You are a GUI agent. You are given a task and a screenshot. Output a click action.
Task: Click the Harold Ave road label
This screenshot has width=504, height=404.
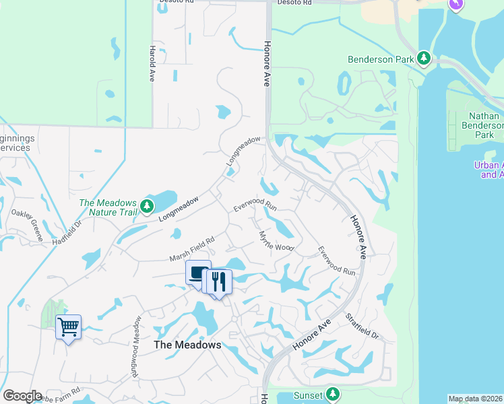pyautogui.click(x=152, y=63)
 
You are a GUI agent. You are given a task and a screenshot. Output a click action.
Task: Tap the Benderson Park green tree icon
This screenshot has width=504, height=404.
pyautogui.click(x=424, y=59)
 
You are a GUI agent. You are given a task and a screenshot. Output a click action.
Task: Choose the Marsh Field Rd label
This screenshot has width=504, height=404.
pyautogui.click(x=192, y=248)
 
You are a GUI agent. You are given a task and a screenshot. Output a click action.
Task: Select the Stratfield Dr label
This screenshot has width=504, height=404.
pyautogui.click(x=362, y=326)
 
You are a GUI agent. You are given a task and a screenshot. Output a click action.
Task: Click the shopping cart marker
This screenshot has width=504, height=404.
pyautogui.click(x=68, y=327)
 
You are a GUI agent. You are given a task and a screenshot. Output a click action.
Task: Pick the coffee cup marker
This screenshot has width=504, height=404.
pyautogui.click(x=198, y=273)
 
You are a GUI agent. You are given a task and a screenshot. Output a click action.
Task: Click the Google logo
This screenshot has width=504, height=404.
pyautogui.click(x=22, y=396)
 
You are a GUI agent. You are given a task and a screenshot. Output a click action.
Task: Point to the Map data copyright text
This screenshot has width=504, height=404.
pyautogui.click(x=475, y=399)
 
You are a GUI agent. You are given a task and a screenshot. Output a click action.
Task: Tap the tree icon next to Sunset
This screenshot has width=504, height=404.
pyautogui.click(x=332, y=394)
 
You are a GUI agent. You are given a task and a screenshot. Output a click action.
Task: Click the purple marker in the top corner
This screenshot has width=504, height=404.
pyautogui.click(x=456, y=4)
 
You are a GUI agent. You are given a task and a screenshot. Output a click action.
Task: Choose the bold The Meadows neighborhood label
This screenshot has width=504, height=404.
pyautogui.click(x=187, y=344)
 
